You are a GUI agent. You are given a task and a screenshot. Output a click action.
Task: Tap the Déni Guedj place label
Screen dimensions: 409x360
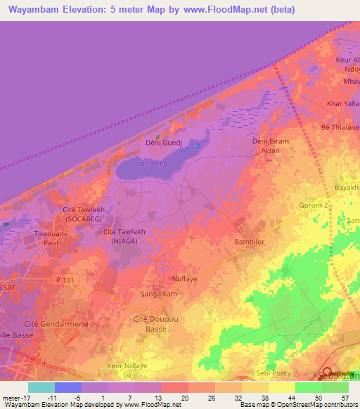(160, 143)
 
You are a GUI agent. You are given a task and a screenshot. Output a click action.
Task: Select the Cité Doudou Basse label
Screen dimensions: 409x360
(155, 325)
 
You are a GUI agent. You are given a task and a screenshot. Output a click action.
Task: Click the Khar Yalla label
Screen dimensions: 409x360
(342, 104)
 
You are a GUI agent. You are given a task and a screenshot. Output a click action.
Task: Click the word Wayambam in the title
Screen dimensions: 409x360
(37, 10)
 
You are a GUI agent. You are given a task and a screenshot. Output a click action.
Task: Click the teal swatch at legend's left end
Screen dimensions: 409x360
(41, 387)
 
